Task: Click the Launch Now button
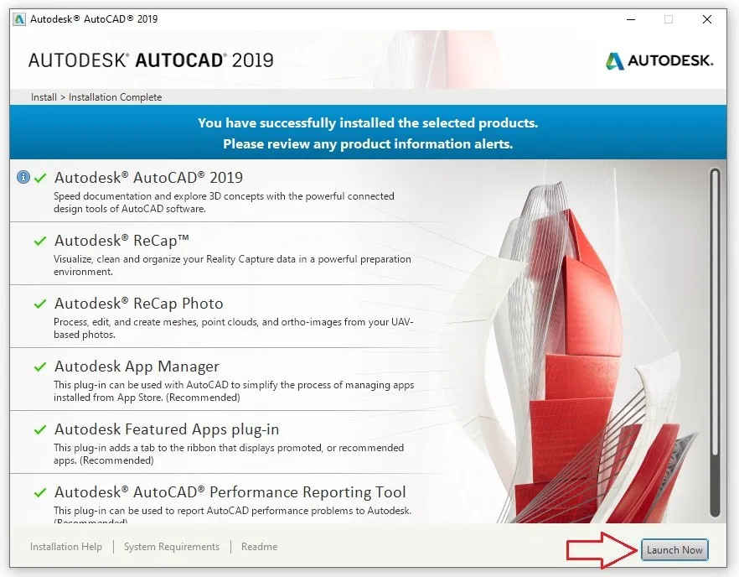(674, 550)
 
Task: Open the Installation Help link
(66, 547)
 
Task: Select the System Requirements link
(172, 547)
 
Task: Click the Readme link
(259, 547)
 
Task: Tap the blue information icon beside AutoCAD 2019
(23, 177)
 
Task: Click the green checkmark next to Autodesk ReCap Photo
(39, 304)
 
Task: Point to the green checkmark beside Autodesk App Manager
(39, 366)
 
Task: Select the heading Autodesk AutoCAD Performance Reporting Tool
(230, 492)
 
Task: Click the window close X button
(708, 19)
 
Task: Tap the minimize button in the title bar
(629, 19)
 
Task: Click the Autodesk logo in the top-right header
(659, 60)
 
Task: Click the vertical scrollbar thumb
(715, 310)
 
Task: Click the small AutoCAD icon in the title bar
(19, 18)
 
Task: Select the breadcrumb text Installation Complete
(116, 97)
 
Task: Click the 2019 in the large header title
(253, 60)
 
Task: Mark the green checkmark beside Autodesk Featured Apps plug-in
(39, 429)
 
